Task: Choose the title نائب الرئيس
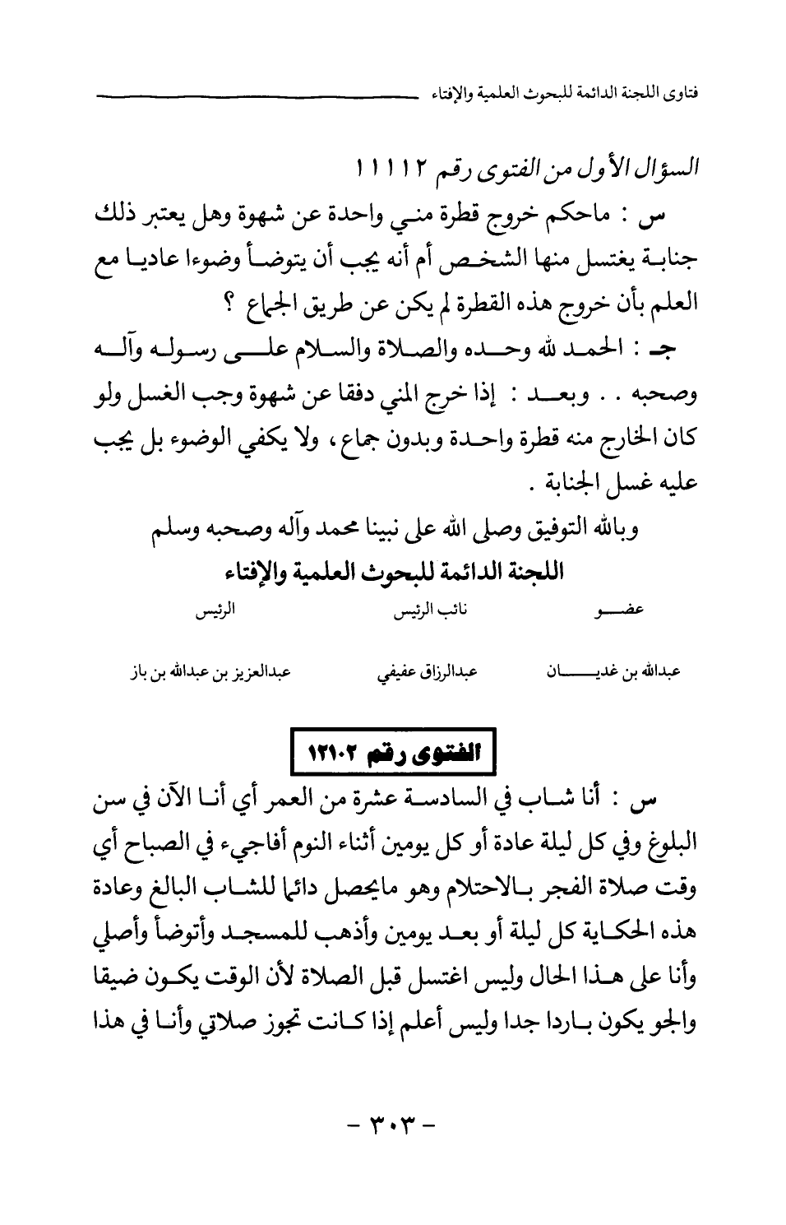(426, 612)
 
